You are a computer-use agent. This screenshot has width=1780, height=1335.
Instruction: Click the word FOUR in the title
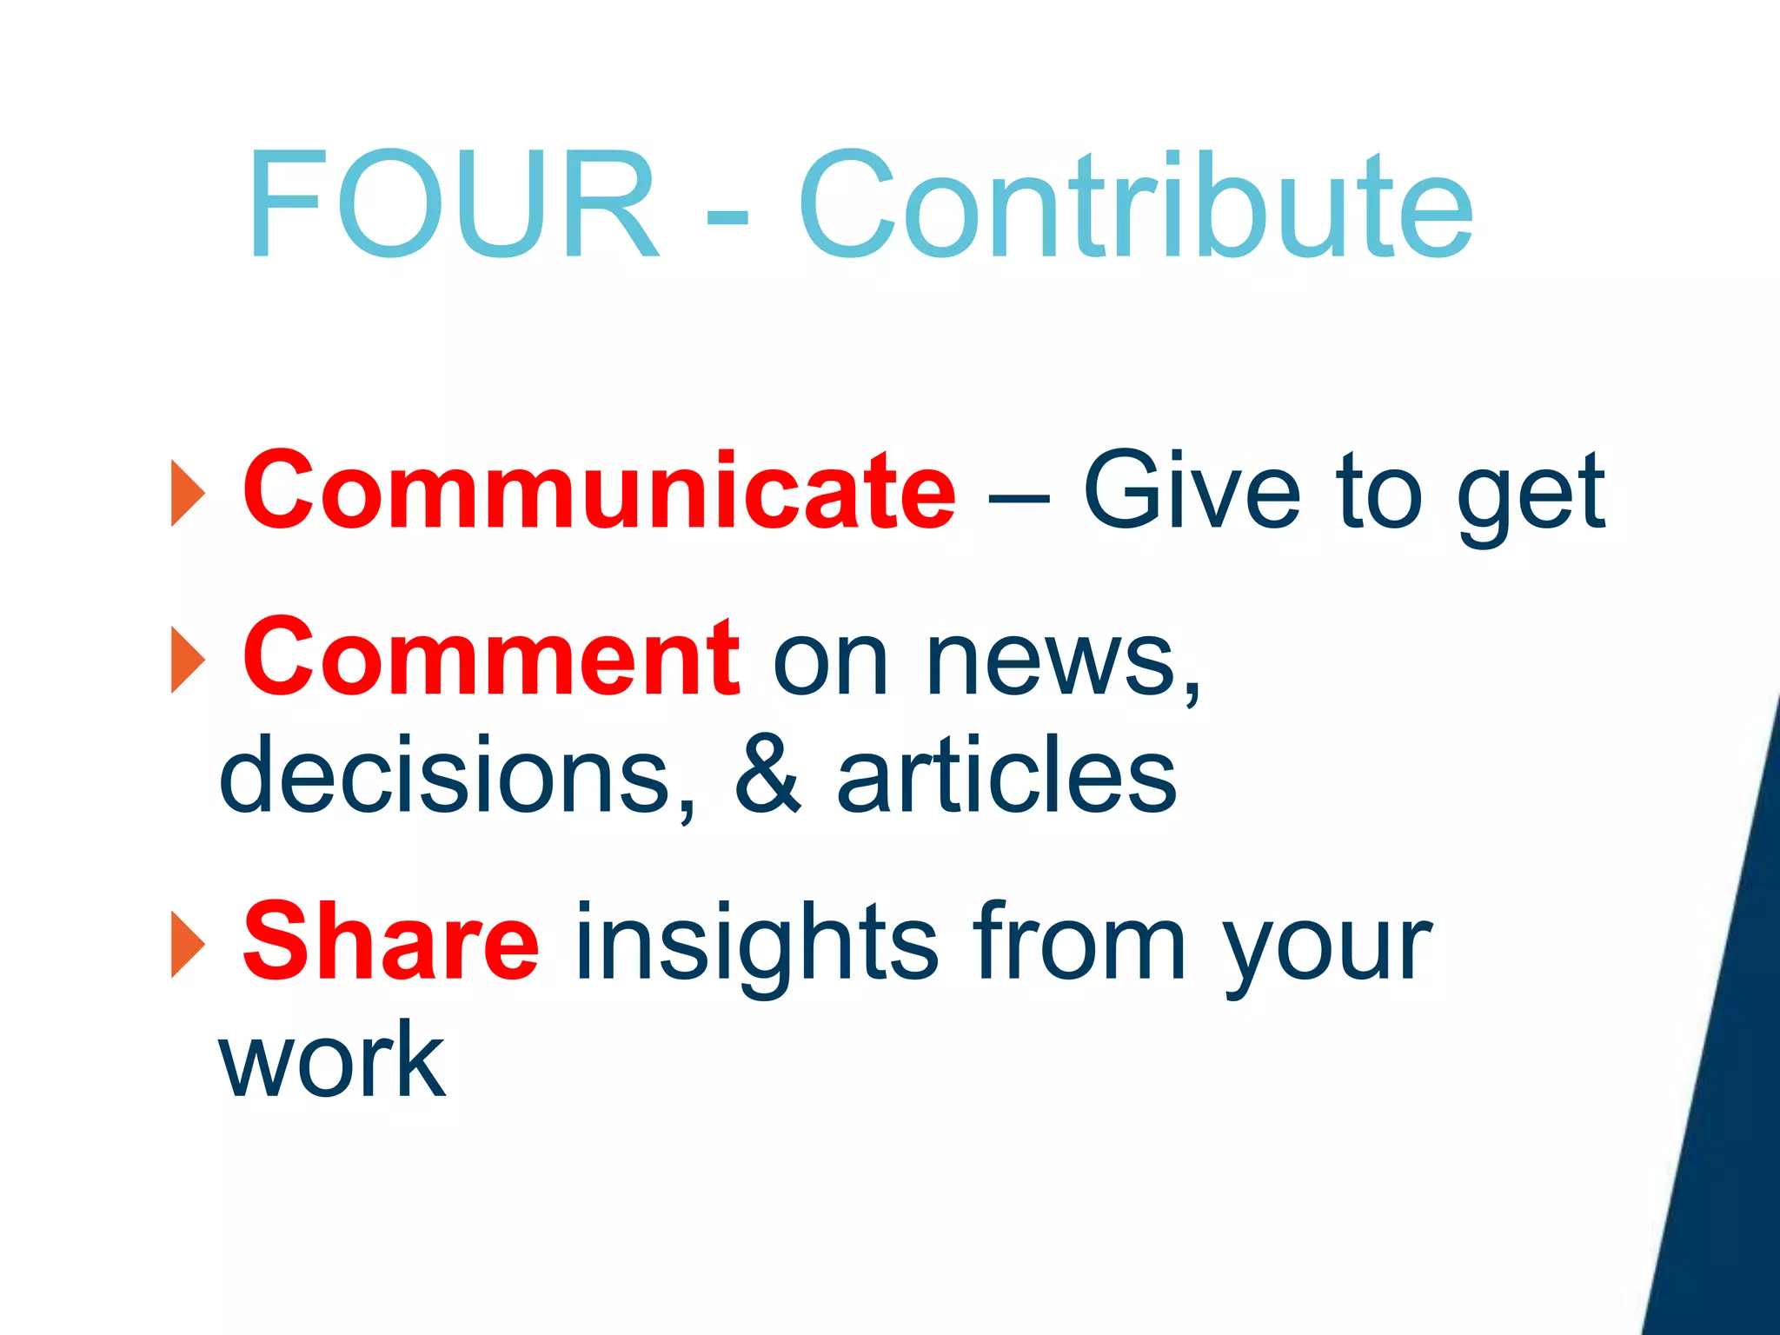[452, 205]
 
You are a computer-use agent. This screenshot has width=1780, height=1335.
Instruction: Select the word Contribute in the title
[1135, 205]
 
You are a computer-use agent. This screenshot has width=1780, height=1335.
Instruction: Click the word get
[1530, 495]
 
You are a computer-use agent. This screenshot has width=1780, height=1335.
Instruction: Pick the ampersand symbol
[767, 774]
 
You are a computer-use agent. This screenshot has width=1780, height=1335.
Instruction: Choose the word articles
[1006, 774]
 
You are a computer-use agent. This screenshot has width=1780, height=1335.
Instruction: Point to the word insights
[756, 947]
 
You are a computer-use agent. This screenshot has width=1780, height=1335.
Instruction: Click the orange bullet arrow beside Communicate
[187, 493]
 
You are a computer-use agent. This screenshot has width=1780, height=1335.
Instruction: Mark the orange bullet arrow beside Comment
[187, 660]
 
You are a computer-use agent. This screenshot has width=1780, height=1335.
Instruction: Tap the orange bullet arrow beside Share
[187, 945]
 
